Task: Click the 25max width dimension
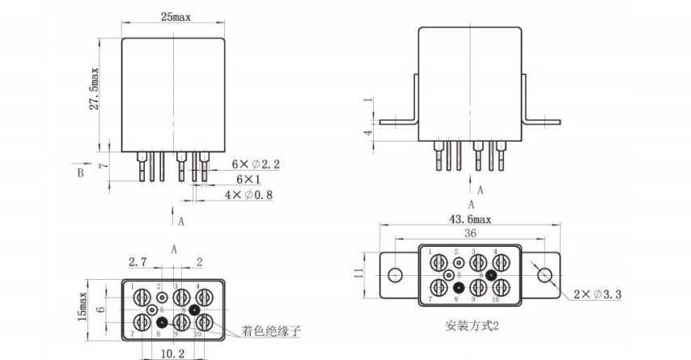(x=174, y=17)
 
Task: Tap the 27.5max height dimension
(x=95, y=91)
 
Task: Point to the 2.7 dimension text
(x=138, y=262)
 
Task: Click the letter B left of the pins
(x=79, y=172)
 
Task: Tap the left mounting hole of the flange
(x=395, y=275)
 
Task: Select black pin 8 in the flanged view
(x=460, y=287)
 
